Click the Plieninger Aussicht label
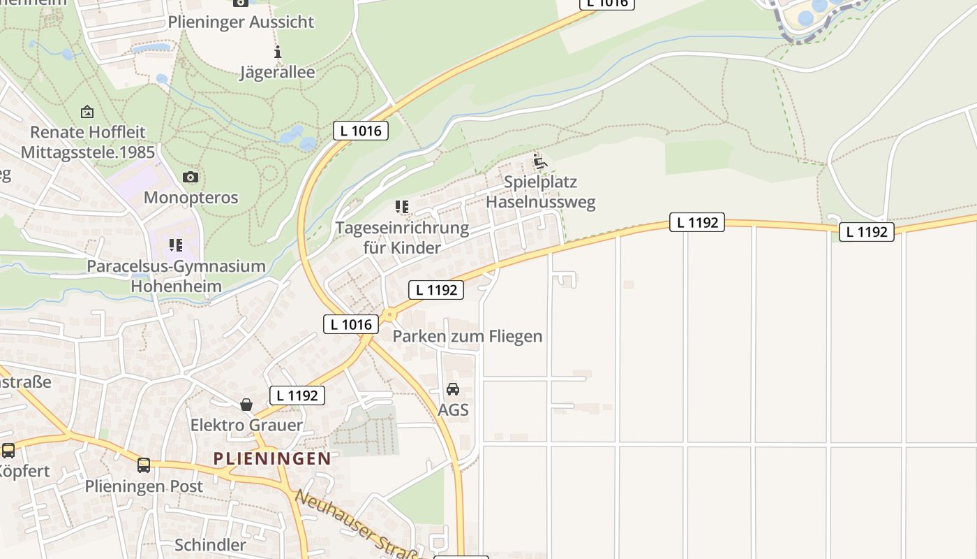pyautogui.click(x=241, y=22)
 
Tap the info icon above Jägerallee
pyautogui.click(x=278, y=52)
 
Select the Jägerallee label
pyautogui.click(x=278, y=72)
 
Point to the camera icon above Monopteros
pyautogui.click(x=190, y=177)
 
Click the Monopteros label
pyautogui.click(x=191, y=198)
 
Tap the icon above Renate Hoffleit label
pyautogui.click(x=87, y=112)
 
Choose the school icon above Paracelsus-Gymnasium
pyautogui.click(x=175, y=245)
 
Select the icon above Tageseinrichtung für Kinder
pyautogui.click(x=401, y=207)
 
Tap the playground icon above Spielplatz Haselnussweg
pyautogui.click(x=540, y=163)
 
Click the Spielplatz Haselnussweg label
pyautogui.click(x=541, y=192)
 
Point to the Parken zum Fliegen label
pyautogui.click(x=467, y=336)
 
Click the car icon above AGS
pyautogui.click(x=453, y=389)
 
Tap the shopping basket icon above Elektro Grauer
pyautogui.click(x=246, y=405)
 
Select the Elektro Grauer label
pyautogui.click(x=246, y=425)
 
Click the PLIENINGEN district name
pyautogui.click(x=272, y=458)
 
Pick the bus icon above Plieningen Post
pyautogui.click(x=144, y=465)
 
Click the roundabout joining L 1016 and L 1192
pyautogui.click(x=388, y=316)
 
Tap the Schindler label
pyautogui.click(x=210, y=545)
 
